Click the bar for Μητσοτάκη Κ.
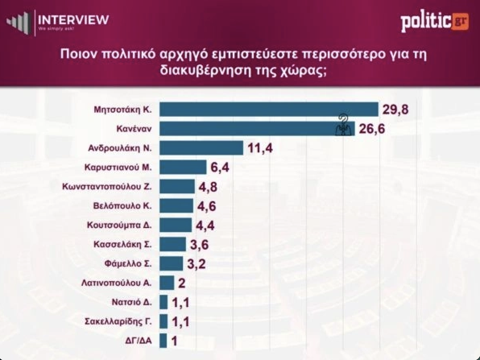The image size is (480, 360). [x=269, y=110]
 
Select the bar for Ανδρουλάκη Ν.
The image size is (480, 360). [x=201, y=148]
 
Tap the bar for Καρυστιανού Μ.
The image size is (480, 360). [x=183, y=167]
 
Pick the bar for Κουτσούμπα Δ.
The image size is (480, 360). [x=176, y=225]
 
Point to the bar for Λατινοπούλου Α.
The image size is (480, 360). [x=167, y=283]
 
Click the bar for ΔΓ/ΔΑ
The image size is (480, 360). [x=163, y=341]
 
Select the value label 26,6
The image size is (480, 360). [x=372, y=130]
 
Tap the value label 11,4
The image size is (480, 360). [x=260, y=148]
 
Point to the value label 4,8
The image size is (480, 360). [x=208, y=187]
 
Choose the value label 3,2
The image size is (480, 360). [x=197, y=264]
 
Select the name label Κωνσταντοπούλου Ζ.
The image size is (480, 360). [x=107, y=186]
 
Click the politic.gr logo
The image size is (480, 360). [x=434, y=23]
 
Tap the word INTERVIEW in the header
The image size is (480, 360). [x=73, y=19]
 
